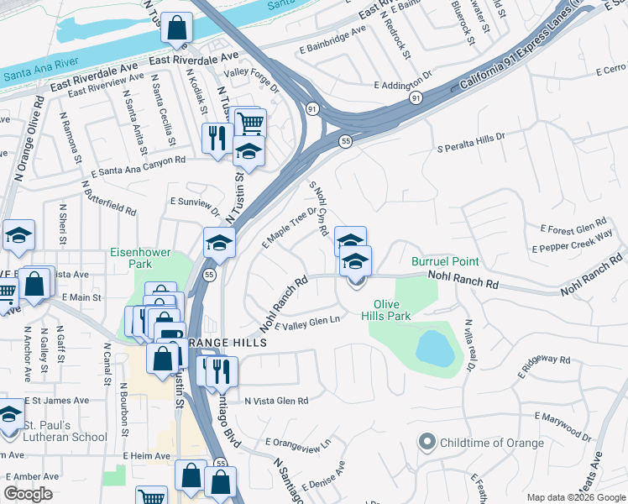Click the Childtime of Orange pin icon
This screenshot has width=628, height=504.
pyautogui.click(x=427, y=442)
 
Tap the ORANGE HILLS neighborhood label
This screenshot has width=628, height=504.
pyautogui.click(x=226, y=344)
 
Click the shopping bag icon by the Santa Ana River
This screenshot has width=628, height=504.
pyautogui.click(x=176, y=29)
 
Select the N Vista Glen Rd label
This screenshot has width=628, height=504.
pyautogui.click(x=276, y=402)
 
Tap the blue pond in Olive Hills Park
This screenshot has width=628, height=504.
pyautogui.click(x=435, y=346)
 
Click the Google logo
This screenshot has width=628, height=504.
pyautogui.click(x=28, y=494)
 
